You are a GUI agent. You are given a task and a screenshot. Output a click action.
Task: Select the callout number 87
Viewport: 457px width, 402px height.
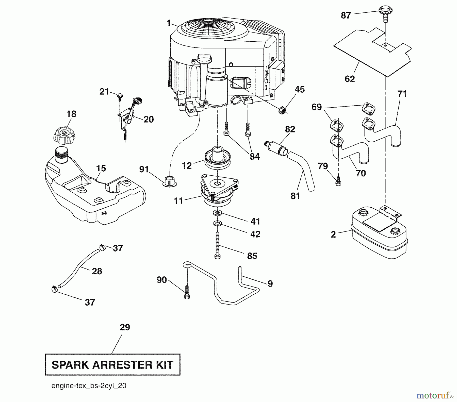tap(346, 15)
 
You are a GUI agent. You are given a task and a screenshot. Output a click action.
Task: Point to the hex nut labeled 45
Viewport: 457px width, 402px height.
tap(283, 110)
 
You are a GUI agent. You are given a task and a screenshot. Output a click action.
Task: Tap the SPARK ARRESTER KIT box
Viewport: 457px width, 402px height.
tap(112, 365)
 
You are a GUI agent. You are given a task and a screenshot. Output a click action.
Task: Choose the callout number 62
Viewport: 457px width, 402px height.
tap(350, 79)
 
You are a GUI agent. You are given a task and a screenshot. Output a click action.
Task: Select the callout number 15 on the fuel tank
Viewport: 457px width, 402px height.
tap(101, 168)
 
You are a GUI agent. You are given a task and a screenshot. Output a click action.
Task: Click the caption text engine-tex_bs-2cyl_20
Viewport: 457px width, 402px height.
tap(89, 386)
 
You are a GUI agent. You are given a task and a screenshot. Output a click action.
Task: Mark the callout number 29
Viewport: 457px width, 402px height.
tap(125, 327)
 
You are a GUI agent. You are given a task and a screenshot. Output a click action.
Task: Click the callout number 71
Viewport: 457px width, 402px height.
tap(402, 94)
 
